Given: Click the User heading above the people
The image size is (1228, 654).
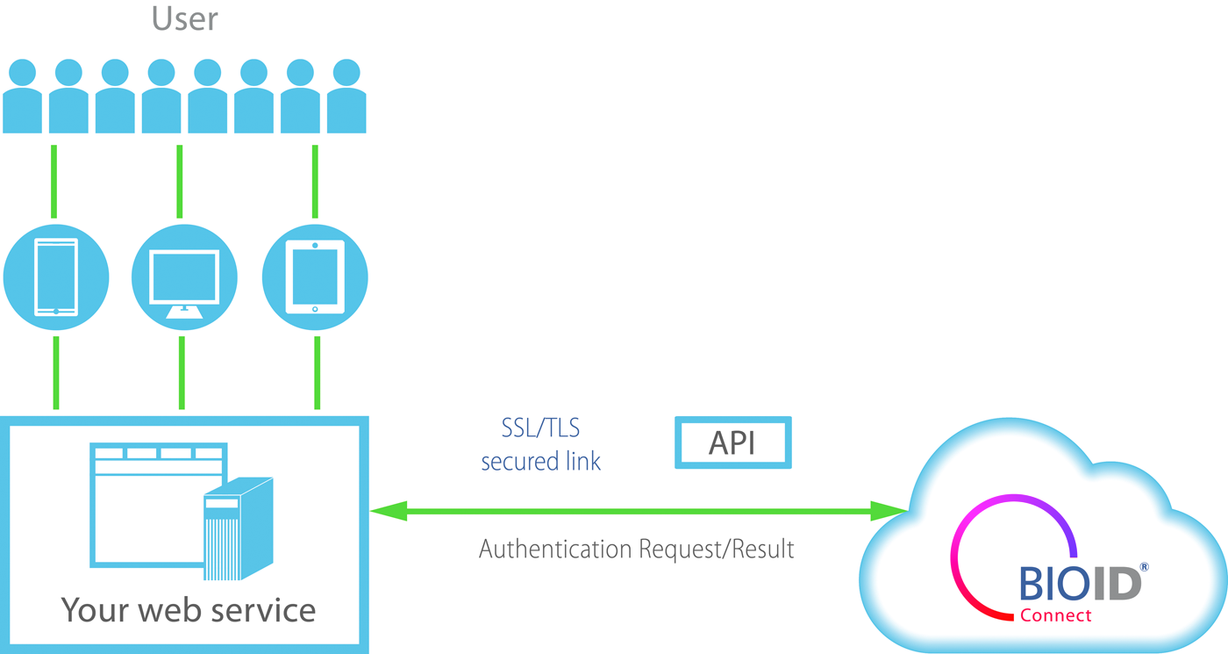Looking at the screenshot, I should [x=185, y=18].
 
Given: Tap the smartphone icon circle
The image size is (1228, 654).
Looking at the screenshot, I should [x=56, y=277].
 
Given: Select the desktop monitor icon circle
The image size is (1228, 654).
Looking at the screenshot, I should [x=184, y=277].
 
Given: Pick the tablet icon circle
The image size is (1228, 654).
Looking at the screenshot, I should [x=315, y=277].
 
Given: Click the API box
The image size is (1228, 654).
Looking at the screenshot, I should [x=732, y=442].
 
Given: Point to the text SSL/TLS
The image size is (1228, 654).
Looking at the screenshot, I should [x=540, y=429].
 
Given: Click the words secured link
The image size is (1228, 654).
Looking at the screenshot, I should [x=540, y=462].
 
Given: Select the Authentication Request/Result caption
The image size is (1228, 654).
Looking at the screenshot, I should [x=636, y=550].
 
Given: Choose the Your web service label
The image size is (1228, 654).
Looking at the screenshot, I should [x=188, y=609].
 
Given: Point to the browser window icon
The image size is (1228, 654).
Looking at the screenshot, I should [x=149, y=505].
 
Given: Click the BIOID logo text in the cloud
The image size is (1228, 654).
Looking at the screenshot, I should [x=1080, y=584].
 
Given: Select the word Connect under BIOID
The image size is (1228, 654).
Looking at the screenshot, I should [x=1055, y=615].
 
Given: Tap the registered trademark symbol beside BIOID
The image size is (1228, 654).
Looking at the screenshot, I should [x=1144, y=568].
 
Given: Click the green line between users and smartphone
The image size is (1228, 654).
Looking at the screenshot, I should [x=54, y=182].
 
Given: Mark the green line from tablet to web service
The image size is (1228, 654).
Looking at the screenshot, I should [x=317, y=372].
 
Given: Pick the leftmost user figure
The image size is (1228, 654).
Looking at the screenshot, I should [x=22, y=97].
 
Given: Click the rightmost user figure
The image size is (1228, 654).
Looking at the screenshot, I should [x=346, y=97].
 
